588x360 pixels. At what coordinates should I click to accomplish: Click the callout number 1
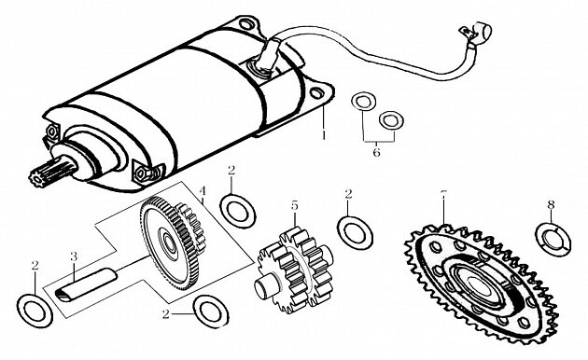coord(323,134)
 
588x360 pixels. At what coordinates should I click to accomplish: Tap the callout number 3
coord(74,256)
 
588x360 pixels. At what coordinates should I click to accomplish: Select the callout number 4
coord(203,191)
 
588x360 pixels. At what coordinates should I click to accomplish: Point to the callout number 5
coord(295,206)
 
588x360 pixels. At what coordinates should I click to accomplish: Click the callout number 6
coord(376,152)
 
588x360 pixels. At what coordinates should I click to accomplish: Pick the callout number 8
coord(551,204)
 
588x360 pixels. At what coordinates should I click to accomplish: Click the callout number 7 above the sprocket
coord(443,194)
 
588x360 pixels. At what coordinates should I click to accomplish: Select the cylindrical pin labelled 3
coord(86,284)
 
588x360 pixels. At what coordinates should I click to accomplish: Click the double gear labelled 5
coord(295,270)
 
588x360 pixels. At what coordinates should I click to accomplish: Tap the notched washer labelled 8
coord(553,240)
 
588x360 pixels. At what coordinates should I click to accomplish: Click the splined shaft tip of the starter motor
coord(40,173)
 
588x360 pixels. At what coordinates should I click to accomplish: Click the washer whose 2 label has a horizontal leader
coord(211,312)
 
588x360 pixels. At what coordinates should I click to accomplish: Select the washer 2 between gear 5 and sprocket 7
coord(355,232)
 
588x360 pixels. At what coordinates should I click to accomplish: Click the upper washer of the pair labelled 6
coord(363,101)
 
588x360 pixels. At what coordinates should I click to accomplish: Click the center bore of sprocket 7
coord(483,285)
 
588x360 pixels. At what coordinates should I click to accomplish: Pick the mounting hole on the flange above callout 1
coord(317,93)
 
